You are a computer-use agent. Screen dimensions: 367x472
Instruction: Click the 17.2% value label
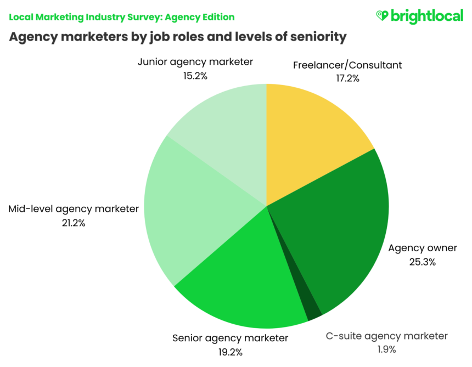point(347,78)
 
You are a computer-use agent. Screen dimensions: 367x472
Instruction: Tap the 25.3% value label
point(422,262)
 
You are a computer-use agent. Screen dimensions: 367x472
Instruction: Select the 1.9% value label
point(386,349)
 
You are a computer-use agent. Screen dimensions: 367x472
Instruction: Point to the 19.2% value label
point(230,351)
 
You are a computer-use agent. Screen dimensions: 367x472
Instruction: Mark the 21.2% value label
point(74,223)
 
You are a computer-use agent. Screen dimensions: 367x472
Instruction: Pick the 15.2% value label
point(195,76)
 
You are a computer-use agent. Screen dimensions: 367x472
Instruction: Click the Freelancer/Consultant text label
point(347,65)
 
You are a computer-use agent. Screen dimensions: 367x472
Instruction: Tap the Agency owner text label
point(422,249)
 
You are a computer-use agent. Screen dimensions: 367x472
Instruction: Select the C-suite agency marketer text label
point(386,336)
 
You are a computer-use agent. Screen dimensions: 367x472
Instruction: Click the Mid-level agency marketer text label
point(74,209)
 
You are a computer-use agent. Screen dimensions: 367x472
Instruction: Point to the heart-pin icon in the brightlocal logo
point(382,16)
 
